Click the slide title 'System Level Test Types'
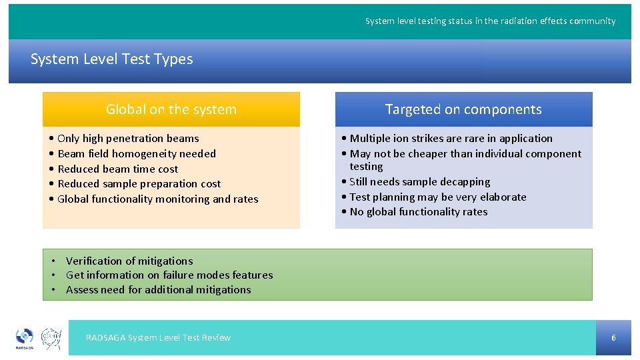[111, 59]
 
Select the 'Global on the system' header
[171, 109]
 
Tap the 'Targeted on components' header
[463, 109]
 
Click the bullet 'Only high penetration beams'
[128, 139]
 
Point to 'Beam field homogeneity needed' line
[137, 154]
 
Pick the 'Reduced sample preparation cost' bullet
[139, 184]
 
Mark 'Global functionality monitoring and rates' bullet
[158, 199]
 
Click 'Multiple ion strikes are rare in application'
[451, 139]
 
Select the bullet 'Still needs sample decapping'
[419, 182]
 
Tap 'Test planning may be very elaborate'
[438, 197]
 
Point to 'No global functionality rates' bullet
[418, 212]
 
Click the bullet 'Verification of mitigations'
[129, 261]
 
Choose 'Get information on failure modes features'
[169, 275]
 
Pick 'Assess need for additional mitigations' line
[159, 290]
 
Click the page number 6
[613, 338]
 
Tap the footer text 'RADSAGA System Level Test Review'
[158, 338]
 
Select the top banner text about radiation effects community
[490, 21]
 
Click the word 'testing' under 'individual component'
[366, 167]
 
